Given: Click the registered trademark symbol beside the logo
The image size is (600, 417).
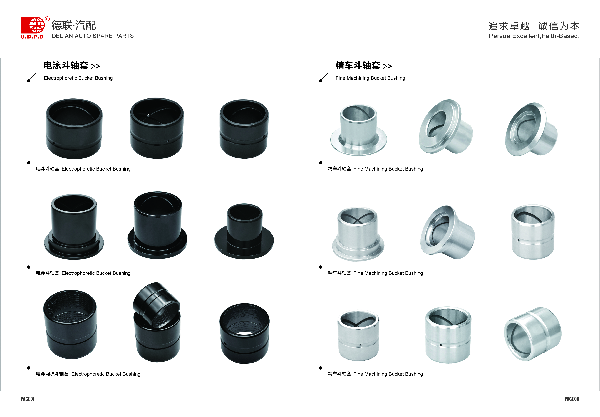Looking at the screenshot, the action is pos(47,19).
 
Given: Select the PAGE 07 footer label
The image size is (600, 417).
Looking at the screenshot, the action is pos(28,399).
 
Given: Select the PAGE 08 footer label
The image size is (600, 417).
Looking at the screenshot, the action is pos(572,399).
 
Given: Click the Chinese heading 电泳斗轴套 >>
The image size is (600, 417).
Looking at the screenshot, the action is pos(72,66).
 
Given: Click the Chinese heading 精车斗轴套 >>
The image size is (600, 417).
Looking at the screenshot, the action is pos(363,66).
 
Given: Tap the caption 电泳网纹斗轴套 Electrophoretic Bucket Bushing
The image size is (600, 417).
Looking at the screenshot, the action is pos(88,374).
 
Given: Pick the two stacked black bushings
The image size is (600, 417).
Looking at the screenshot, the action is pos(157,322).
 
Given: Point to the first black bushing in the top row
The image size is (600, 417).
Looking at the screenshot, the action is pos(74,129).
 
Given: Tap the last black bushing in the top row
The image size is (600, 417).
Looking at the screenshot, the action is pos(244,129).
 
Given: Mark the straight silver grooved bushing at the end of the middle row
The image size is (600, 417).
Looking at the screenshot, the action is pos(533,232).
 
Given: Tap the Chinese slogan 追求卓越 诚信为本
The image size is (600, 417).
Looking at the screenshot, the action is pos(534,26).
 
